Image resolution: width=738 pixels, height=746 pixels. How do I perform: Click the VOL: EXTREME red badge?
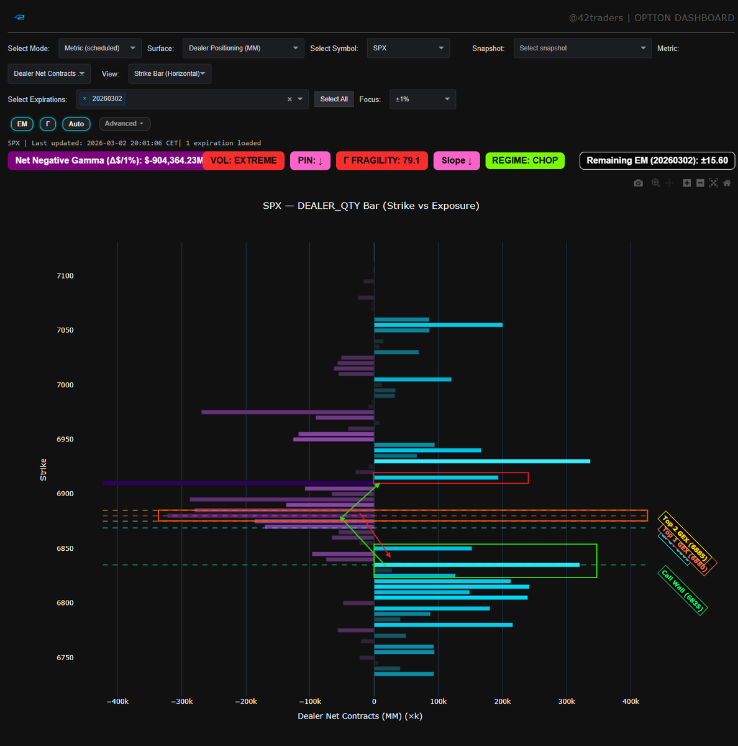243,160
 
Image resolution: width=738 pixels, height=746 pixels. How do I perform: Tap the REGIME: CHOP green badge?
525,160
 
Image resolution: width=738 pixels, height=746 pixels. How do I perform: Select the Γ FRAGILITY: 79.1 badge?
381,160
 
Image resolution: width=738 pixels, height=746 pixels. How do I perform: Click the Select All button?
334,99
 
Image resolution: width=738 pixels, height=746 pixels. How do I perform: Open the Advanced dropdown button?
124,124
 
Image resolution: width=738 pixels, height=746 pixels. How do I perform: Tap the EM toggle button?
22,124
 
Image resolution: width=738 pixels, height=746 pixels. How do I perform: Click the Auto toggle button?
76,124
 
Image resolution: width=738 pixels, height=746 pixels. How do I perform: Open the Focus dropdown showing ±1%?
422,99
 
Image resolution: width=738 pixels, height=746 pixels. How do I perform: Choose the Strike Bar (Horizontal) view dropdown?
170,74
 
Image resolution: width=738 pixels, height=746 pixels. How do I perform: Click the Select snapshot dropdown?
582,48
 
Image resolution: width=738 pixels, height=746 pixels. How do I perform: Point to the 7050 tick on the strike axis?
65,330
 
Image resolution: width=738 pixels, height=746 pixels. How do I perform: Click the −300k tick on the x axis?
181,701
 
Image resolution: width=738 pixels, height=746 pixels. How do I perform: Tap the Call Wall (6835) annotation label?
682,591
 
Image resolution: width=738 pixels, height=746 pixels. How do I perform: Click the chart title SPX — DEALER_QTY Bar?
371,206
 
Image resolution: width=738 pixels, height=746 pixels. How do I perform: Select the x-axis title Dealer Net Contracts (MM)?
360,716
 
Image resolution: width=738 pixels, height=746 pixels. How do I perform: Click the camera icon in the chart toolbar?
638,183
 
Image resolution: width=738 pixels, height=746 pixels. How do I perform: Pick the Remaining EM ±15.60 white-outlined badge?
657,160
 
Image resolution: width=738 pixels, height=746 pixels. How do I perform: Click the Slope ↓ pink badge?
457,160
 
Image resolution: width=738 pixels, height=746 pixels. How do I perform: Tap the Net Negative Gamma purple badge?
106,160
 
